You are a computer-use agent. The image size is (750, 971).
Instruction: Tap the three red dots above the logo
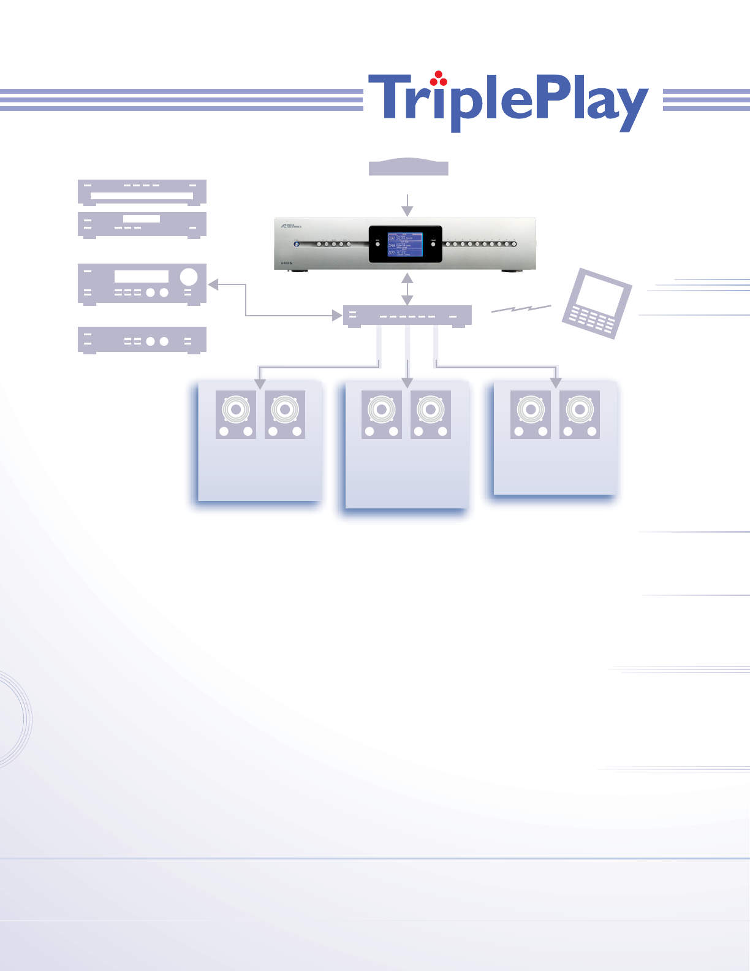(437, 78)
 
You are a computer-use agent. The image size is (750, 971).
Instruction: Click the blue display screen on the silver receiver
(405, 244)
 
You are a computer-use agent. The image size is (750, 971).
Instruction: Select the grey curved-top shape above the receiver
(408, 167)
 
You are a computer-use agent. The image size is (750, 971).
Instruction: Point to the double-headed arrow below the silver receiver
(407, 289)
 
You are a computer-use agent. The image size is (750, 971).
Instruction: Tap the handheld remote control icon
(596, 303)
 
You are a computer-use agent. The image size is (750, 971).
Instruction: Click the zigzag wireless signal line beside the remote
(521, 310)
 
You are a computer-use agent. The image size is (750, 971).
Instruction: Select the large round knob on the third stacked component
(189, 276)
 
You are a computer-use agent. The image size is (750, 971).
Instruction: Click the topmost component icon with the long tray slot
(142, 191)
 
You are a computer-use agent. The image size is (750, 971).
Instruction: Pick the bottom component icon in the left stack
(142, 340)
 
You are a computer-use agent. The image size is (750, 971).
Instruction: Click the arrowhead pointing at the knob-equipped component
(213, 284)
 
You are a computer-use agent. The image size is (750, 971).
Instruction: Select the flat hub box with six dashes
(407, 316)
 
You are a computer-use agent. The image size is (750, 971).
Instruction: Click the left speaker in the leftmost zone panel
(236, 414)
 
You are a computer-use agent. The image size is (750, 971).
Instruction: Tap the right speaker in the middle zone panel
(431, 414)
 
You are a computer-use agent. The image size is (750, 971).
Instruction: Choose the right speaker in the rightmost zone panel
(580, 414)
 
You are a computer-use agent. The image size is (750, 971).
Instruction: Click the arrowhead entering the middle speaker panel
(407, 383)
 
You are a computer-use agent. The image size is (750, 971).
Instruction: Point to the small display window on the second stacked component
(142, 219)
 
